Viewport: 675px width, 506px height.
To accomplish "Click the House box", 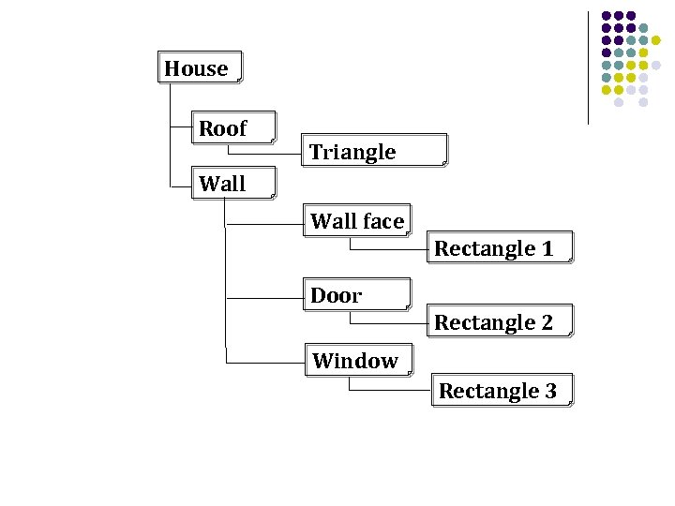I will (x=200, y=67).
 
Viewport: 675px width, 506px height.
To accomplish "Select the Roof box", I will (x=234, y=128).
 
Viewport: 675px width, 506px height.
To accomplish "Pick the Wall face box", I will (x=356, y=221).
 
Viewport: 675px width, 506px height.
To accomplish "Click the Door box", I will (x=356, y=295).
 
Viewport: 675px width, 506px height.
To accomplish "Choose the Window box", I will (x=356, y=361).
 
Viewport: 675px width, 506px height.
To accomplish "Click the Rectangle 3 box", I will (x=502, y=391).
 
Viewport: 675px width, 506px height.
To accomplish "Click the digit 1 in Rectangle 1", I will (x=547, y=248).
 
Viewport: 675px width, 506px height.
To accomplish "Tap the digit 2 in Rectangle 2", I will (x=547, y=322).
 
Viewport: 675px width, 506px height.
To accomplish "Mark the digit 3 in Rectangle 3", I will (x=550, y=391).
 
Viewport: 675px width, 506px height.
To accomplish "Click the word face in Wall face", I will (x=383, y=221).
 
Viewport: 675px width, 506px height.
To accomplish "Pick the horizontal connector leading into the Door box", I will (x=264, y=298).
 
